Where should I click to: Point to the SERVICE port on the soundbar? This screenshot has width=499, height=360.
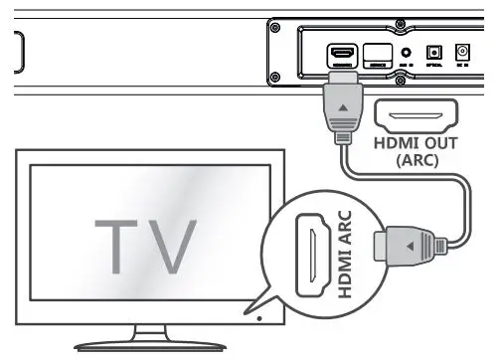(x=379, y=54)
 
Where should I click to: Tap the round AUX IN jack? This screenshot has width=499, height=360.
(x=407, y=52)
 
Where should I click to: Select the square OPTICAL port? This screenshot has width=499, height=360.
(x=433, y=52)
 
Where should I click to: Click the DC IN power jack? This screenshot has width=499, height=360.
(x=461, y=52)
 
